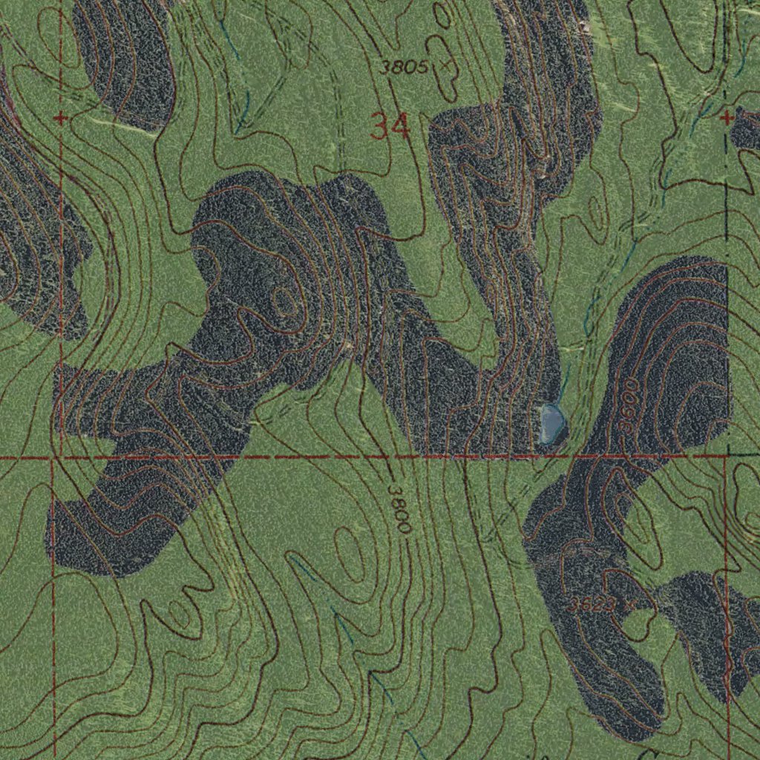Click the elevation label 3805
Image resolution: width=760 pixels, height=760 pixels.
coord(403,68)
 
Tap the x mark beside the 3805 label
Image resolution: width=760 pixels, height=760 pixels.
coord(445,66)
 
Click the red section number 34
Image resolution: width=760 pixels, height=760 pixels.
coord(390,128)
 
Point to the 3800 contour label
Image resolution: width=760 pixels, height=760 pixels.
coord(399,509)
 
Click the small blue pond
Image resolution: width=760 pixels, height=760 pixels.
coord(552,422)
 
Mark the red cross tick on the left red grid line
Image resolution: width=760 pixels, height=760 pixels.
coord(61,118)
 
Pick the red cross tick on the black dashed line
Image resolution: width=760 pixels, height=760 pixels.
coord(727,117)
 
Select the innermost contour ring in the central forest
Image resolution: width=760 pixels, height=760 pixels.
coord(283,301)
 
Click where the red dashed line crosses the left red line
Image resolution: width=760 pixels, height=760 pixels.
coord(54,457)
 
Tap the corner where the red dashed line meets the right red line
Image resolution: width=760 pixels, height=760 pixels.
coord(726,455)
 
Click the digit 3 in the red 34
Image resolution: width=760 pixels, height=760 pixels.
coord(380,128)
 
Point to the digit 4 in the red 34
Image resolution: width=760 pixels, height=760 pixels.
coord(401,128)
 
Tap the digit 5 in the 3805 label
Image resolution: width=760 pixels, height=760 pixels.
coord(422,68)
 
